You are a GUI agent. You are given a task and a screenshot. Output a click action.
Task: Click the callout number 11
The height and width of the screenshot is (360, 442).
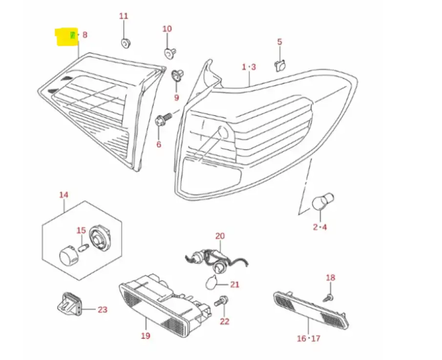point(124,16)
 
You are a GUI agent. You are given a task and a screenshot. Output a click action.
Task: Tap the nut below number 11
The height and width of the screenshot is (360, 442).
point(125,43)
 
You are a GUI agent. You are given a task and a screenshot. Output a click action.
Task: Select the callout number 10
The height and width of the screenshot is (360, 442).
point(167,29)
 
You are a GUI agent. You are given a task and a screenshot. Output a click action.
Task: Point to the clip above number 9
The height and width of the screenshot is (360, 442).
point(176,76)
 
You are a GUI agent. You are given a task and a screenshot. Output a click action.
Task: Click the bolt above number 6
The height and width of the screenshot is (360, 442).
point(162,119)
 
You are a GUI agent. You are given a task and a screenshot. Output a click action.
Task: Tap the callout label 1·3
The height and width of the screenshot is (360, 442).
point(249,67)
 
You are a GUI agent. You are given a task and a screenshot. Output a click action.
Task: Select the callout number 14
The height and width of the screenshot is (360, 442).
point(64,195)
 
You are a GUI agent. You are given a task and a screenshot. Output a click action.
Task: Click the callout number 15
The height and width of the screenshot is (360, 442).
point(81,231)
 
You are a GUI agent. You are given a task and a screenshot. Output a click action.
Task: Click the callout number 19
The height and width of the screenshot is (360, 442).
point(146,336)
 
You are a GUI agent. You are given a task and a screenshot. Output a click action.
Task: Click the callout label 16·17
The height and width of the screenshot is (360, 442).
point(308,338)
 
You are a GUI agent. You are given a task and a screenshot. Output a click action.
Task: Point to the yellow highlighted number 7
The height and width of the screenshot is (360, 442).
point(72,35)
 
